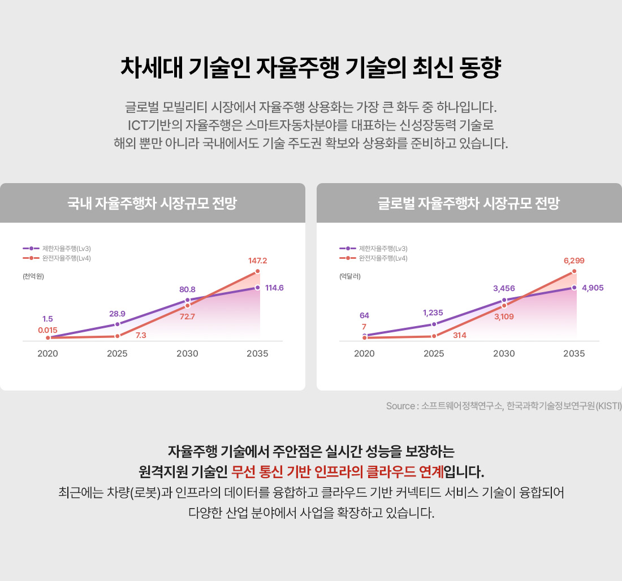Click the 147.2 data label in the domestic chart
coord(257,261)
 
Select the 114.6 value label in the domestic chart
coord(274,288)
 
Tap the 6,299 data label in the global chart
coord(574,261)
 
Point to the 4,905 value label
coord(593,288)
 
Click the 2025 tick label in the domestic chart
coord(117,354)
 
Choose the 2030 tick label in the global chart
coord(504,354)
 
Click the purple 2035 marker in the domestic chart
coord(258,288)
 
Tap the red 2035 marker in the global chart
coord(574,271)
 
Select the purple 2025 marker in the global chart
coord(434,324)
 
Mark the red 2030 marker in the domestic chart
coord(188,305)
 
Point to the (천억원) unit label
coord(33,276)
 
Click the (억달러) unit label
coord(350,276)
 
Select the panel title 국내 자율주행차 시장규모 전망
coord(152,203)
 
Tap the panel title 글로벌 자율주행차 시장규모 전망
coord(469,203)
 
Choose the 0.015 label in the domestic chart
coord(47,329)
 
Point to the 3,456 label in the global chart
coord(504,288)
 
